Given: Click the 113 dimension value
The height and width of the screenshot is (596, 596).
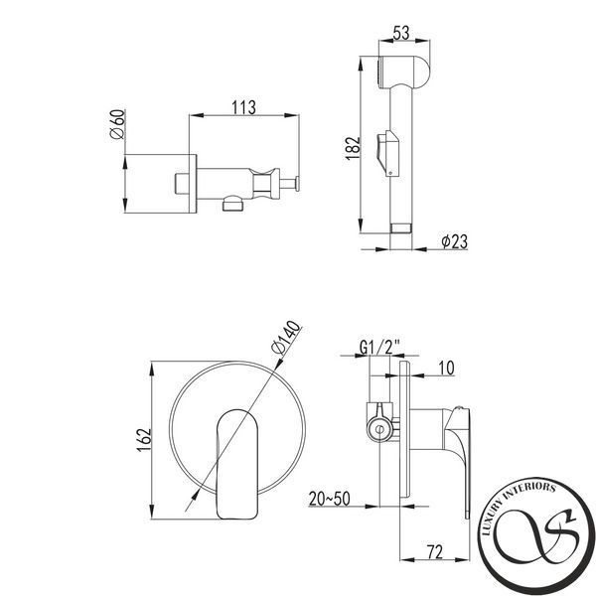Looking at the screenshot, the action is click(243, 107).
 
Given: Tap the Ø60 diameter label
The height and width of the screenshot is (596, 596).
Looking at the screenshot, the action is click(117, 124).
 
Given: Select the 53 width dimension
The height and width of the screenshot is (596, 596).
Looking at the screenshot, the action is click(401, 33).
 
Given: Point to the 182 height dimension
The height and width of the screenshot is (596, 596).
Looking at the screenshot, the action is click(353, 148).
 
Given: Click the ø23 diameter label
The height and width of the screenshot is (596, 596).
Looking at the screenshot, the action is click(454, 241).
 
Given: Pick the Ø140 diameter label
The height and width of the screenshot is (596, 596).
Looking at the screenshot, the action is click(286, 338).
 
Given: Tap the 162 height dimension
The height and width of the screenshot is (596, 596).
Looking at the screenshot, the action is click(144, 440).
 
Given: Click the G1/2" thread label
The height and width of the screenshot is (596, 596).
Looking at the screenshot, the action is click(379, 347).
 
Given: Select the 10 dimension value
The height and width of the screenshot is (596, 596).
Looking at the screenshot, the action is click(446, 368).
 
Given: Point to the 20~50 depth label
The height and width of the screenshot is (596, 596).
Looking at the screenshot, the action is click(329, 499).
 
